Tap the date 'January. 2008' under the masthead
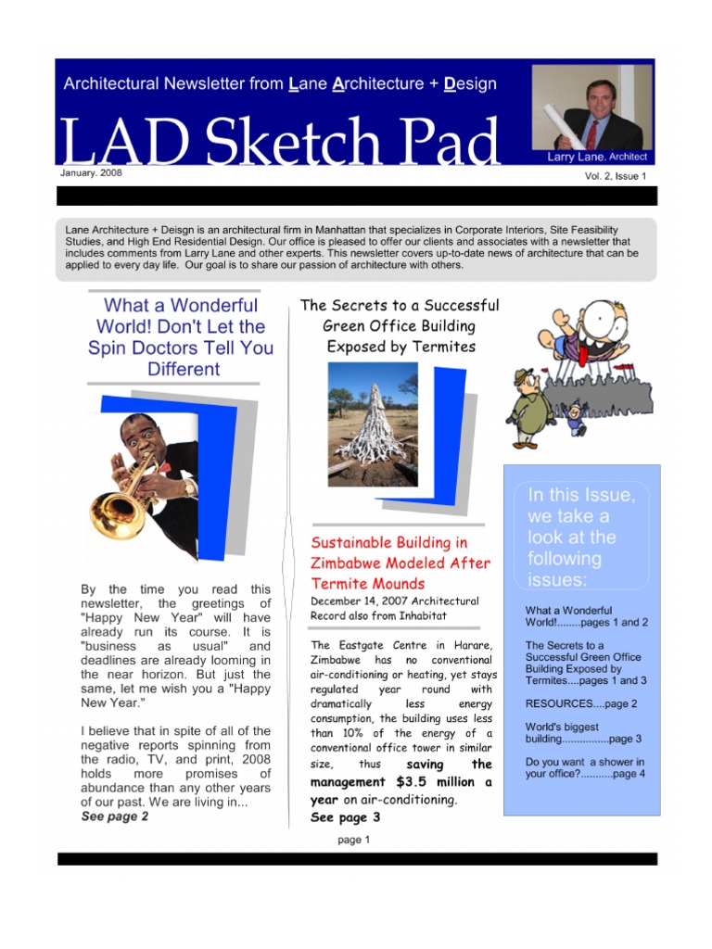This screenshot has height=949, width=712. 91,172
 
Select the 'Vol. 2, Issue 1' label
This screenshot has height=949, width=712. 609,175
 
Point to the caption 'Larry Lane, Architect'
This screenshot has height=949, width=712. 597,157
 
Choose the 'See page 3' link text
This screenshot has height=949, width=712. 345,817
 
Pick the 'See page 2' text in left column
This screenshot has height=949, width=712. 115,816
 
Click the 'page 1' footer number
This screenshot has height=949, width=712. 353,840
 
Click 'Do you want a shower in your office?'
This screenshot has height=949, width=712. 585,767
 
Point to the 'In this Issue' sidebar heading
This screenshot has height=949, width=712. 581,538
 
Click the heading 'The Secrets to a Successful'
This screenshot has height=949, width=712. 400,305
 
